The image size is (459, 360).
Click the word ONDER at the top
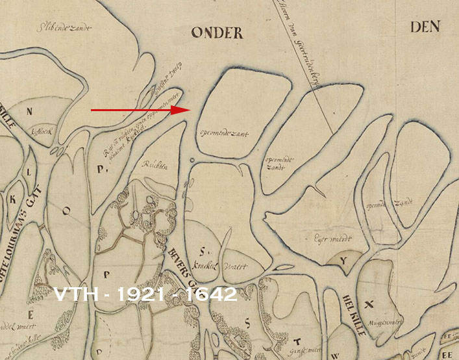pos(217,32)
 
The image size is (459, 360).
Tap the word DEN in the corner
pos(426,27)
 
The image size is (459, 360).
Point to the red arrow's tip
pos(188,110)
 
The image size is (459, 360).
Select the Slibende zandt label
pos(64,28)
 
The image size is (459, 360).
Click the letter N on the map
pos(29,110)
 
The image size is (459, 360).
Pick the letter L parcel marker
pos(29,173)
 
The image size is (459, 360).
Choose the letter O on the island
pos(65,210)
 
